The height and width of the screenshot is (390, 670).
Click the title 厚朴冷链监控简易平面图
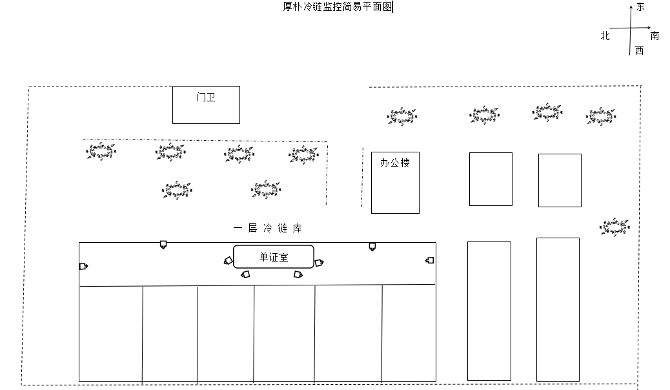click(x=338, y=7)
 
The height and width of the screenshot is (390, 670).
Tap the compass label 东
click(x=640, y=7)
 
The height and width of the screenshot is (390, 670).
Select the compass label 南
click(x=655, y=36)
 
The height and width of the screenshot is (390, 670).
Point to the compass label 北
click(x=605, y=36)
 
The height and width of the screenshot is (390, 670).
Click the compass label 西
click(x=639, y=50)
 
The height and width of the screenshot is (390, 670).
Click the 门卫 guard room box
click(x=206, y=105)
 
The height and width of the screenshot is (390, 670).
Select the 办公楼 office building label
click(x=395, y=163)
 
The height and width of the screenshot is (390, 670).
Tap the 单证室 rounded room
click(x=274, y=256)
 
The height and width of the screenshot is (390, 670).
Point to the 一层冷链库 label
click(x=268, y=229)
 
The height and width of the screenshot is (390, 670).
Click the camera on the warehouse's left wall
click(x=83, y=267)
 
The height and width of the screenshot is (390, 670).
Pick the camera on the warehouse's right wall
click(x=429, y=260)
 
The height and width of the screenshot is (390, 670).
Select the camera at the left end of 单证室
click(x=228, y=260)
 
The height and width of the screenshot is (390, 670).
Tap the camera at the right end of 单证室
click(x=320, y=263)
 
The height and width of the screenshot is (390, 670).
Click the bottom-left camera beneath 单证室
click(x=245, y=274)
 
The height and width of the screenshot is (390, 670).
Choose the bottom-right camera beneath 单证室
click(x=298, y=274)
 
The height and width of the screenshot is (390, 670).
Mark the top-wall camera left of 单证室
click(x=163, y=245)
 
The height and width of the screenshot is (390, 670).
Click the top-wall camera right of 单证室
click(x=372, y=247)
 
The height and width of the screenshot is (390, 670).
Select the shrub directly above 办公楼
click(x=402, y=116)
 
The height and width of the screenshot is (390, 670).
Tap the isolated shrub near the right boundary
click(x=614, y=227)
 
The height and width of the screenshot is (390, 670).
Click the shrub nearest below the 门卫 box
click(x=170, y=152)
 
